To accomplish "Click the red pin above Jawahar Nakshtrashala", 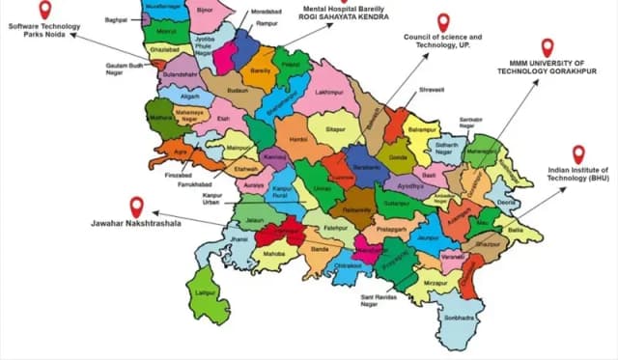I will click(x=136, y=207).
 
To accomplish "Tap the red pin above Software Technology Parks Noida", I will click(x=44, y=11).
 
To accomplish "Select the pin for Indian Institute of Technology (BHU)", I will click(x=578, y=153).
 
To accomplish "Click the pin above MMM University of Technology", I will click(x=548, y=46).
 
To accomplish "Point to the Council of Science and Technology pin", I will click(x=443, y=21).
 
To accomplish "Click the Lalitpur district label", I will click(x=203, y=291).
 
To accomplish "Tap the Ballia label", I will click(x=517, y=232).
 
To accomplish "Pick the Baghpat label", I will click(x=116, y=19).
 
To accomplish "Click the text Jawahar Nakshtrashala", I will click(x=136, y=225).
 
